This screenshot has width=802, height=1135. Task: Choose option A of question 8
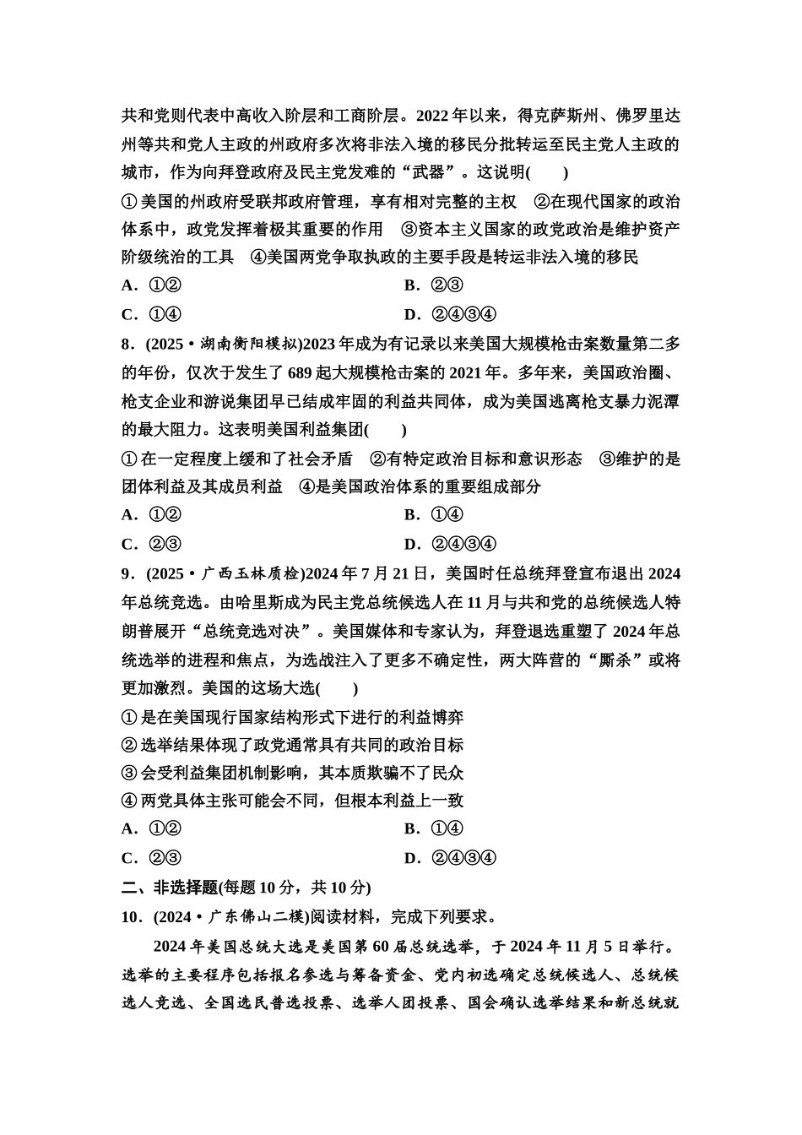(x=152, y=515)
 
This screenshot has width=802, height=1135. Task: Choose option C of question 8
(x=152, y=544)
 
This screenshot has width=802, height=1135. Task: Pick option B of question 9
(x=434, y=829)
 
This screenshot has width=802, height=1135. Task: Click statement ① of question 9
(x=292, y=717)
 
